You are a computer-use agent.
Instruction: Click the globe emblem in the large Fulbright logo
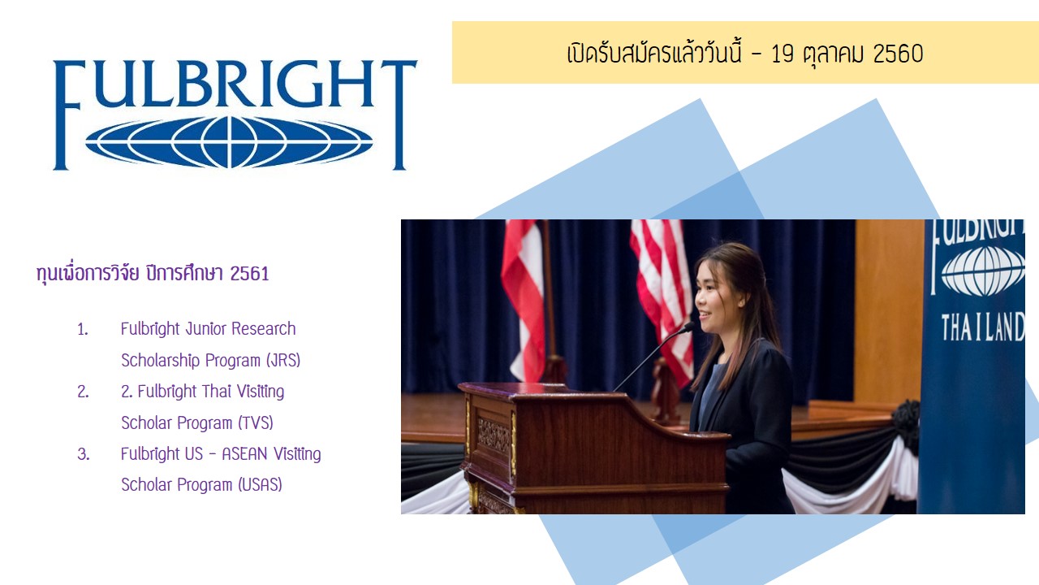(x=229, y=142)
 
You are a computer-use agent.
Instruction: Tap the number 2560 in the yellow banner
(x=898, y=54)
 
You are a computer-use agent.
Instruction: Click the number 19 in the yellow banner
(x=782, y=54)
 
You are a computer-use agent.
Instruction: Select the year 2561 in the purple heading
(x=249, y=274)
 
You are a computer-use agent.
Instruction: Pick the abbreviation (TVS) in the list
(x=256, y=423)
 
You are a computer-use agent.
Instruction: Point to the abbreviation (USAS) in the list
(x=260, y=485)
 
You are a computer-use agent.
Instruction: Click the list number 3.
(x=84, y=454)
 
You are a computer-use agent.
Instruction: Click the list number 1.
(x=83, y=330)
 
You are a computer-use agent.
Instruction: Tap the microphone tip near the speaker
(x=689, y=327)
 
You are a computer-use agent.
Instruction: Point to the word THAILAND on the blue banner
(x=982, y=327)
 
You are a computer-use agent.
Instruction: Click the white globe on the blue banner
(x=982, y=271)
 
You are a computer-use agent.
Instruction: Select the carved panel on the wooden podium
(x=494, y=435)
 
